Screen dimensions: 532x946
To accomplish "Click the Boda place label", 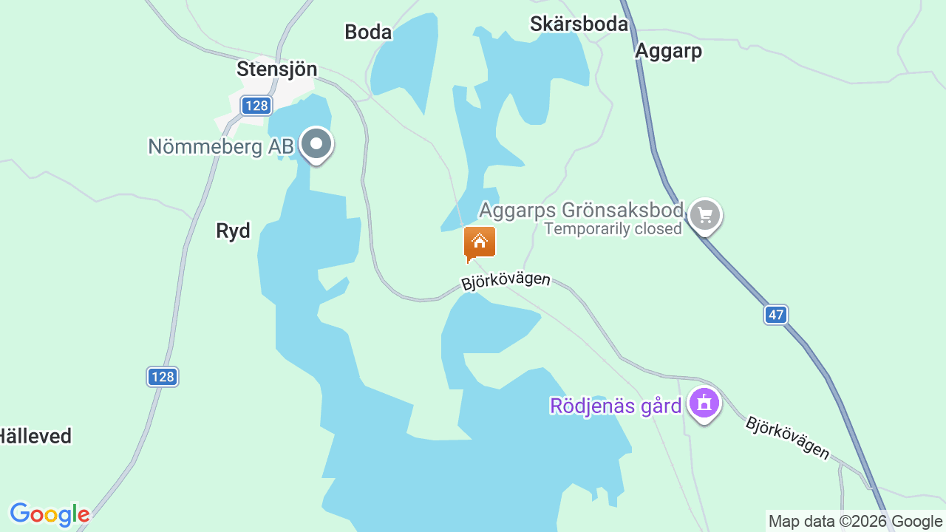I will tap(368, 32).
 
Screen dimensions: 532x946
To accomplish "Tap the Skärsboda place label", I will tap(579, 24).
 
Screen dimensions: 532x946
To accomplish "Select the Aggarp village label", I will tap(668, 51).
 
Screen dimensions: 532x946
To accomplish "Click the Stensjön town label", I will tap(276, 69).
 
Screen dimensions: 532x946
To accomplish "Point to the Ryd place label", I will tap(233, 231).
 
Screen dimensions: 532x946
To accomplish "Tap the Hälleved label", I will tap(35, 436).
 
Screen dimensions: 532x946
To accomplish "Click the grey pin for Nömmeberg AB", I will tap(317, 144).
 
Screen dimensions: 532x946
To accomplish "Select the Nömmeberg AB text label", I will tap(221, 146).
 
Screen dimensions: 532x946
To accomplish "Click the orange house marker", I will tap(480, 242).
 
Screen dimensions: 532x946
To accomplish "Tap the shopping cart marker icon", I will tap(704, 216).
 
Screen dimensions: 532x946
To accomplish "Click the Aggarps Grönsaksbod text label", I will tap(581, 210).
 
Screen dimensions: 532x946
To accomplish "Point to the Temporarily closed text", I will tap(613, 229).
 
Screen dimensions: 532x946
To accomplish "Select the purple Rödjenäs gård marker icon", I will tap(704, 403).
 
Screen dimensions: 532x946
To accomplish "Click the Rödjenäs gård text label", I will tap(616, 406).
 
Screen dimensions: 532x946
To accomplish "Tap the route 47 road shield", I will tap(775, 315).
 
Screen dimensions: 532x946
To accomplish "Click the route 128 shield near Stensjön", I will tap(256, 106).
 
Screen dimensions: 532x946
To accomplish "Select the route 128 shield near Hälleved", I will tap(162, 377).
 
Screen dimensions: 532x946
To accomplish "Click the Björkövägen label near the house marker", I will tap(506, 281).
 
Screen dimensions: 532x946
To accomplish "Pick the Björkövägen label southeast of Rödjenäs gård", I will tap(787, 437).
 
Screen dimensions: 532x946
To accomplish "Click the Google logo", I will tap(50, 514).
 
